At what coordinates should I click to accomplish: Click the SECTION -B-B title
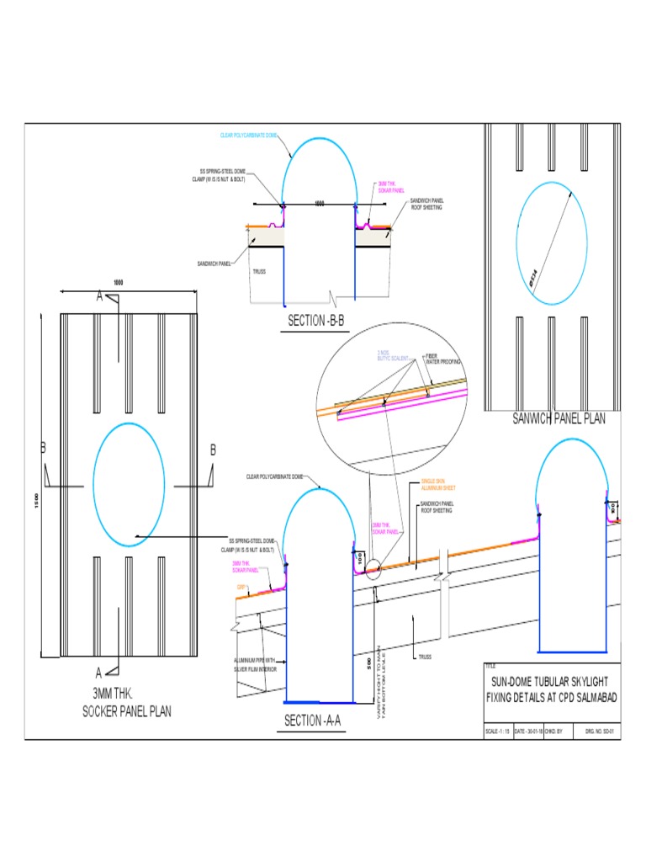pyautogui.click(x=316, y=321)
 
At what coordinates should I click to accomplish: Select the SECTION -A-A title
pyautogui.click(x=313, y=721)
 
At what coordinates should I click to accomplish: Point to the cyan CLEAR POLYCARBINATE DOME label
pyautogui.click(x=249, y=136)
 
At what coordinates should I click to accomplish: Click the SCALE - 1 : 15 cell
pyautogui.click(x=498, y=731)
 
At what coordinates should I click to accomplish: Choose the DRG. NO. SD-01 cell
pyautogui.click(x=601, y=731)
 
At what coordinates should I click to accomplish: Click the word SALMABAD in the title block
pyautogui.click(x=594, y=697)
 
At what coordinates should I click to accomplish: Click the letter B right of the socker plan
pyautogui.click(x=213, y=451)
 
